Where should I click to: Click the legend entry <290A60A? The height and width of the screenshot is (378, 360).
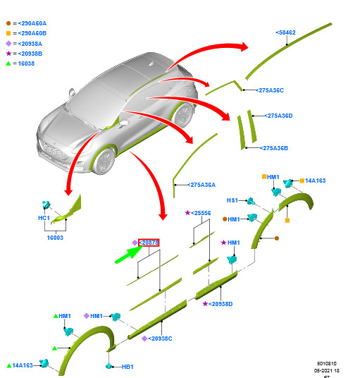click(x=31, y=23)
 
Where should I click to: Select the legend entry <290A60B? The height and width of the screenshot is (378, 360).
click(x=31, y=33)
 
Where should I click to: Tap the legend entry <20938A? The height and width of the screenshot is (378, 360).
click(x=30, y=43)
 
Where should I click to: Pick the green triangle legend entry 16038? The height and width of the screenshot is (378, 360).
click(x=25, y=63)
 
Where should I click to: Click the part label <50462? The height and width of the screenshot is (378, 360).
click(x=285, y=32)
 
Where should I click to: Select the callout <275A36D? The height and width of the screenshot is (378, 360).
click(x=279, y=116)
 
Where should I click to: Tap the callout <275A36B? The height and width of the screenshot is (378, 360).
click(x=274, y=148)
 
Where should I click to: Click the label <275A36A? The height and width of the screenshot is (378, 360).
click(x=201, y=185)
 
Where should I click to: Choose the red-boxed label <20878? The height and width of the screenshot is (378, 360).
click(x=149, y=243)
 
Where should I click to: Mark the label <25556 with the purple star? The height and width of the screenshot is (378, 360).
click(x=201, y=212)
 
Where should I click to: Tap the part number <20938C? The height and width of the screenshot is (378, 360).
click(x=159, y=339)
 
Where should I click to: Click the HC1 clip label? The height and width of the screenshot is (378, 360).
click(x=44, y=218)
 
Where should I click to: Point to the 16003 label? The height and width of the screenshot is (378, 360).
click(x=54, y=238)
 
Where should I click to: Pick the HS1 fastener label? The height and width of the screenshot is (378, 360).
click(x=232, y=200)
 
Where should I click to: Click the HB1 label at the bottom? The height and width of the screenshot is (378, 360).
click(x=128, y=367)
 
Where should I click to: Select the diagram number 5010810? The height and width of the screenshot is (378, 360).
click(x=328, y=364)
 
